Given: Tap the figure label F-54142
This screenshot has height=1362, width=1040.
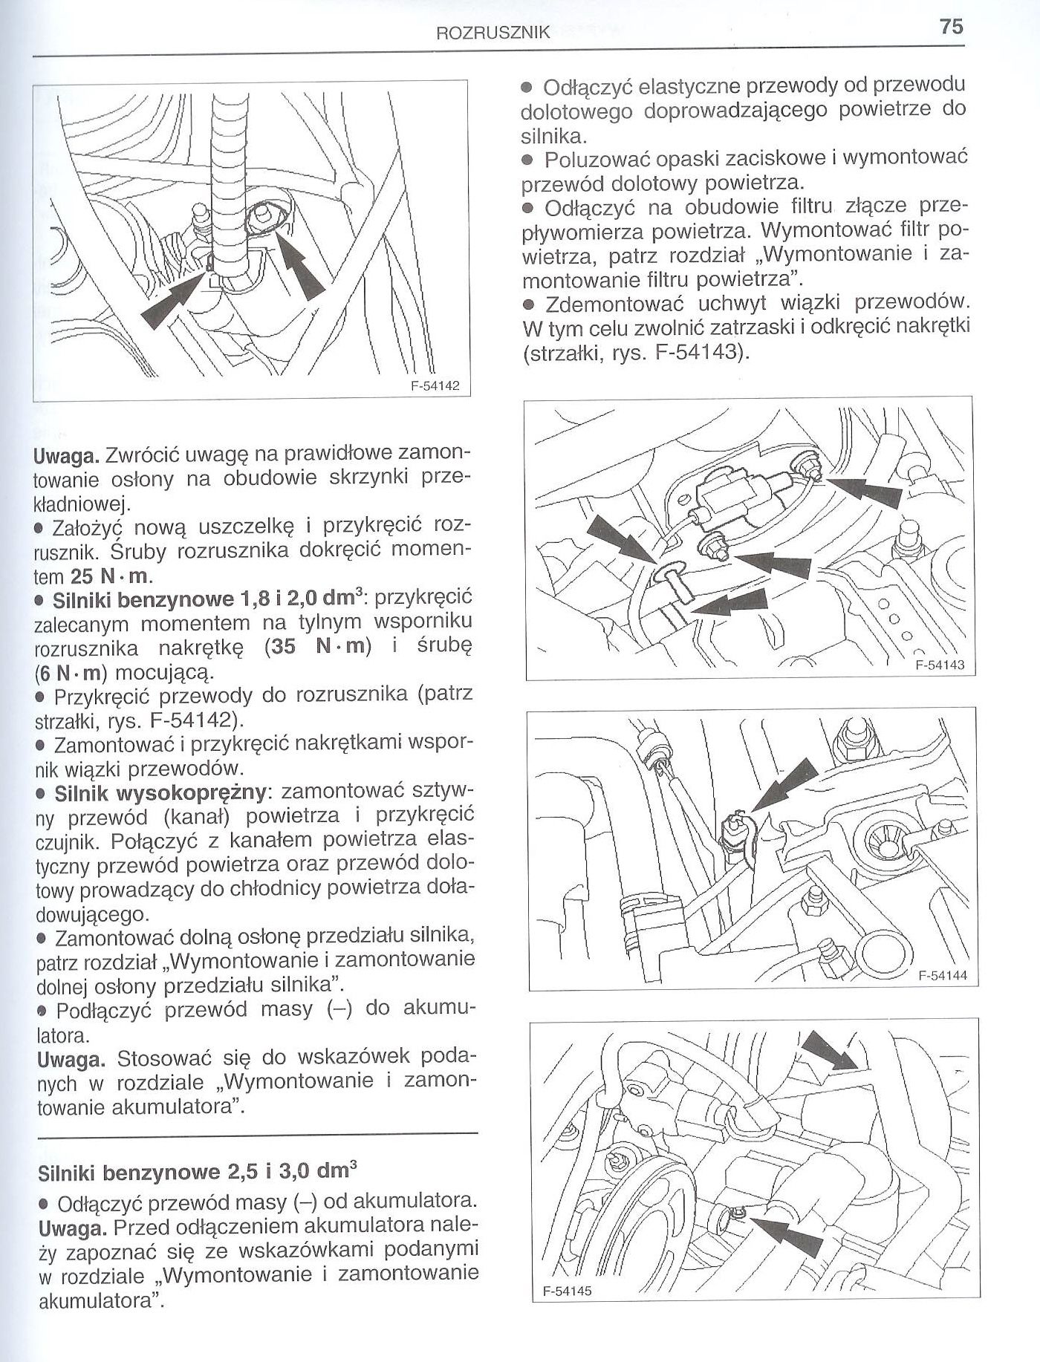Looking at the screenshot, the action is tap(435, 385).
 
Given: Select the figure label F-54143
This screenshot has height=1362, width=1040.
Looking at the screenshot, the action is tap(939, 665).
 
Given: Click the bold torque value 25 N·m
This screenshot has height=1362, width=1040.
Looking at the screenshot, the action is tap(111, 576).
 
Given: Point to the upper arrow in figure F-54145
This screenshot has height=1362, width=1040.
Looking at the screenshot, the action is tap(832, 1053).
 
